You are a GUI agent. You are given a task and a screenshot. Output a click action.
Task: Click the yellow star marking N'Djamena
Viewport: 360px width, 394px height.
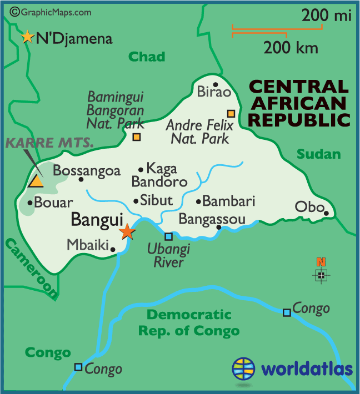[x=27, y=37]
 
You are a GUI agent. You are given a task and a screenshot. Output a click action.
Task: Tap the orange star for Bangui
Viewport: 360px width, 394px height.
[x=127, y=231]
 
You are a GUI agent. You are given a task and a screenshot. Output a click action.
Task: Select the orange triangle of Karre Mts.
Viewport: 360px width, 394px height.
[x=37, y=181]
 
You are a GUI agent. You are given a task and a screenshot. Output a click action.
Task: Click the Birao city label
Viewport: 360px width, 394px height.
[x=213, y=92]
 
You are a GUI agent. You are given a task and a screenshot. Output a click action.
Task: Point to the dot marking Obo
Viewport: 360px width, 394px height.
[x=327, y=213]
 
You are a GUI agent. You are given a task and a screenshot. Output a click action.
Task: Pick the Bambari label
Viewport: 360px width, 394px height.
[x=228, y=201]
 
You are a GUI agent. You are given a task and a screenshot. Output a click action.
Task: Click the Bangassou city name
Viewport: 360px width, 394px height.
[x=212, y=219]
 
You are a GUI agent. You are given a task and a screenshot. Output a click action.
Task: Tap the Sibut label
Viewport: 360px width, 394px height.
[x=157, y=200]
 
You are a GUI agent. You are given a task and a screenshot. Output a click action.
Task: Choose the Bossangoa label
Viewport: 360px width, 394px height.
[x=87, y=170]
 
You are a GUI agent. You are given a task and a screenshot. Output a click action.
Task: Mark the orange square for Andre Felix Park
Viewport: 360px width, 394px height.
[x=231, y=114]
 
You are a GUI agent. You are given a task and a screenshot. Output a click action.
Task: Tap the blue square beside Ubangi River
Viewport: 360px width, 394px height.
[x=168, y=236]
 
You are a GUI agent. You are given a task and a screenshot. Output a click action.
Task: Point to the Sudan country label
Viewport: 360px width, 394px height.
[x=318, y=154]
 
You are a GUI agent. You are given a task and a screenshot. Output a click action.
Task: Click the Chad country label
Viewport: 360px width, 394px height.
[x=147, y=56]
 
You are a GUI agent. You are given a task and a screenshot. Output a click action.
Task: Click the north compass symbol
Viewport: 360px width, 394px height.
[x=321, y=274]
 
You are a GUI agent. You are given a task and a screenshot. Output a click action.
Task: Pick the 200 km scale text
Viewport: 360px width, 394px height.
[x=291, y=48]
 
